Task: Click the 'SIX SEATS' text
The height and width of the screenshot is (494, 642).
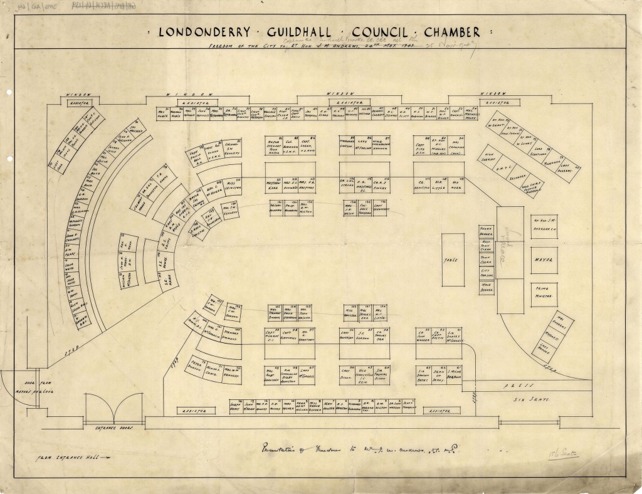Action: click(x=527, y=399)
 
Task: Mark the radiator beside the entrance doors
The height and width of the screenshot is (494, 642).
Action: click(x=189, y=412)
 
